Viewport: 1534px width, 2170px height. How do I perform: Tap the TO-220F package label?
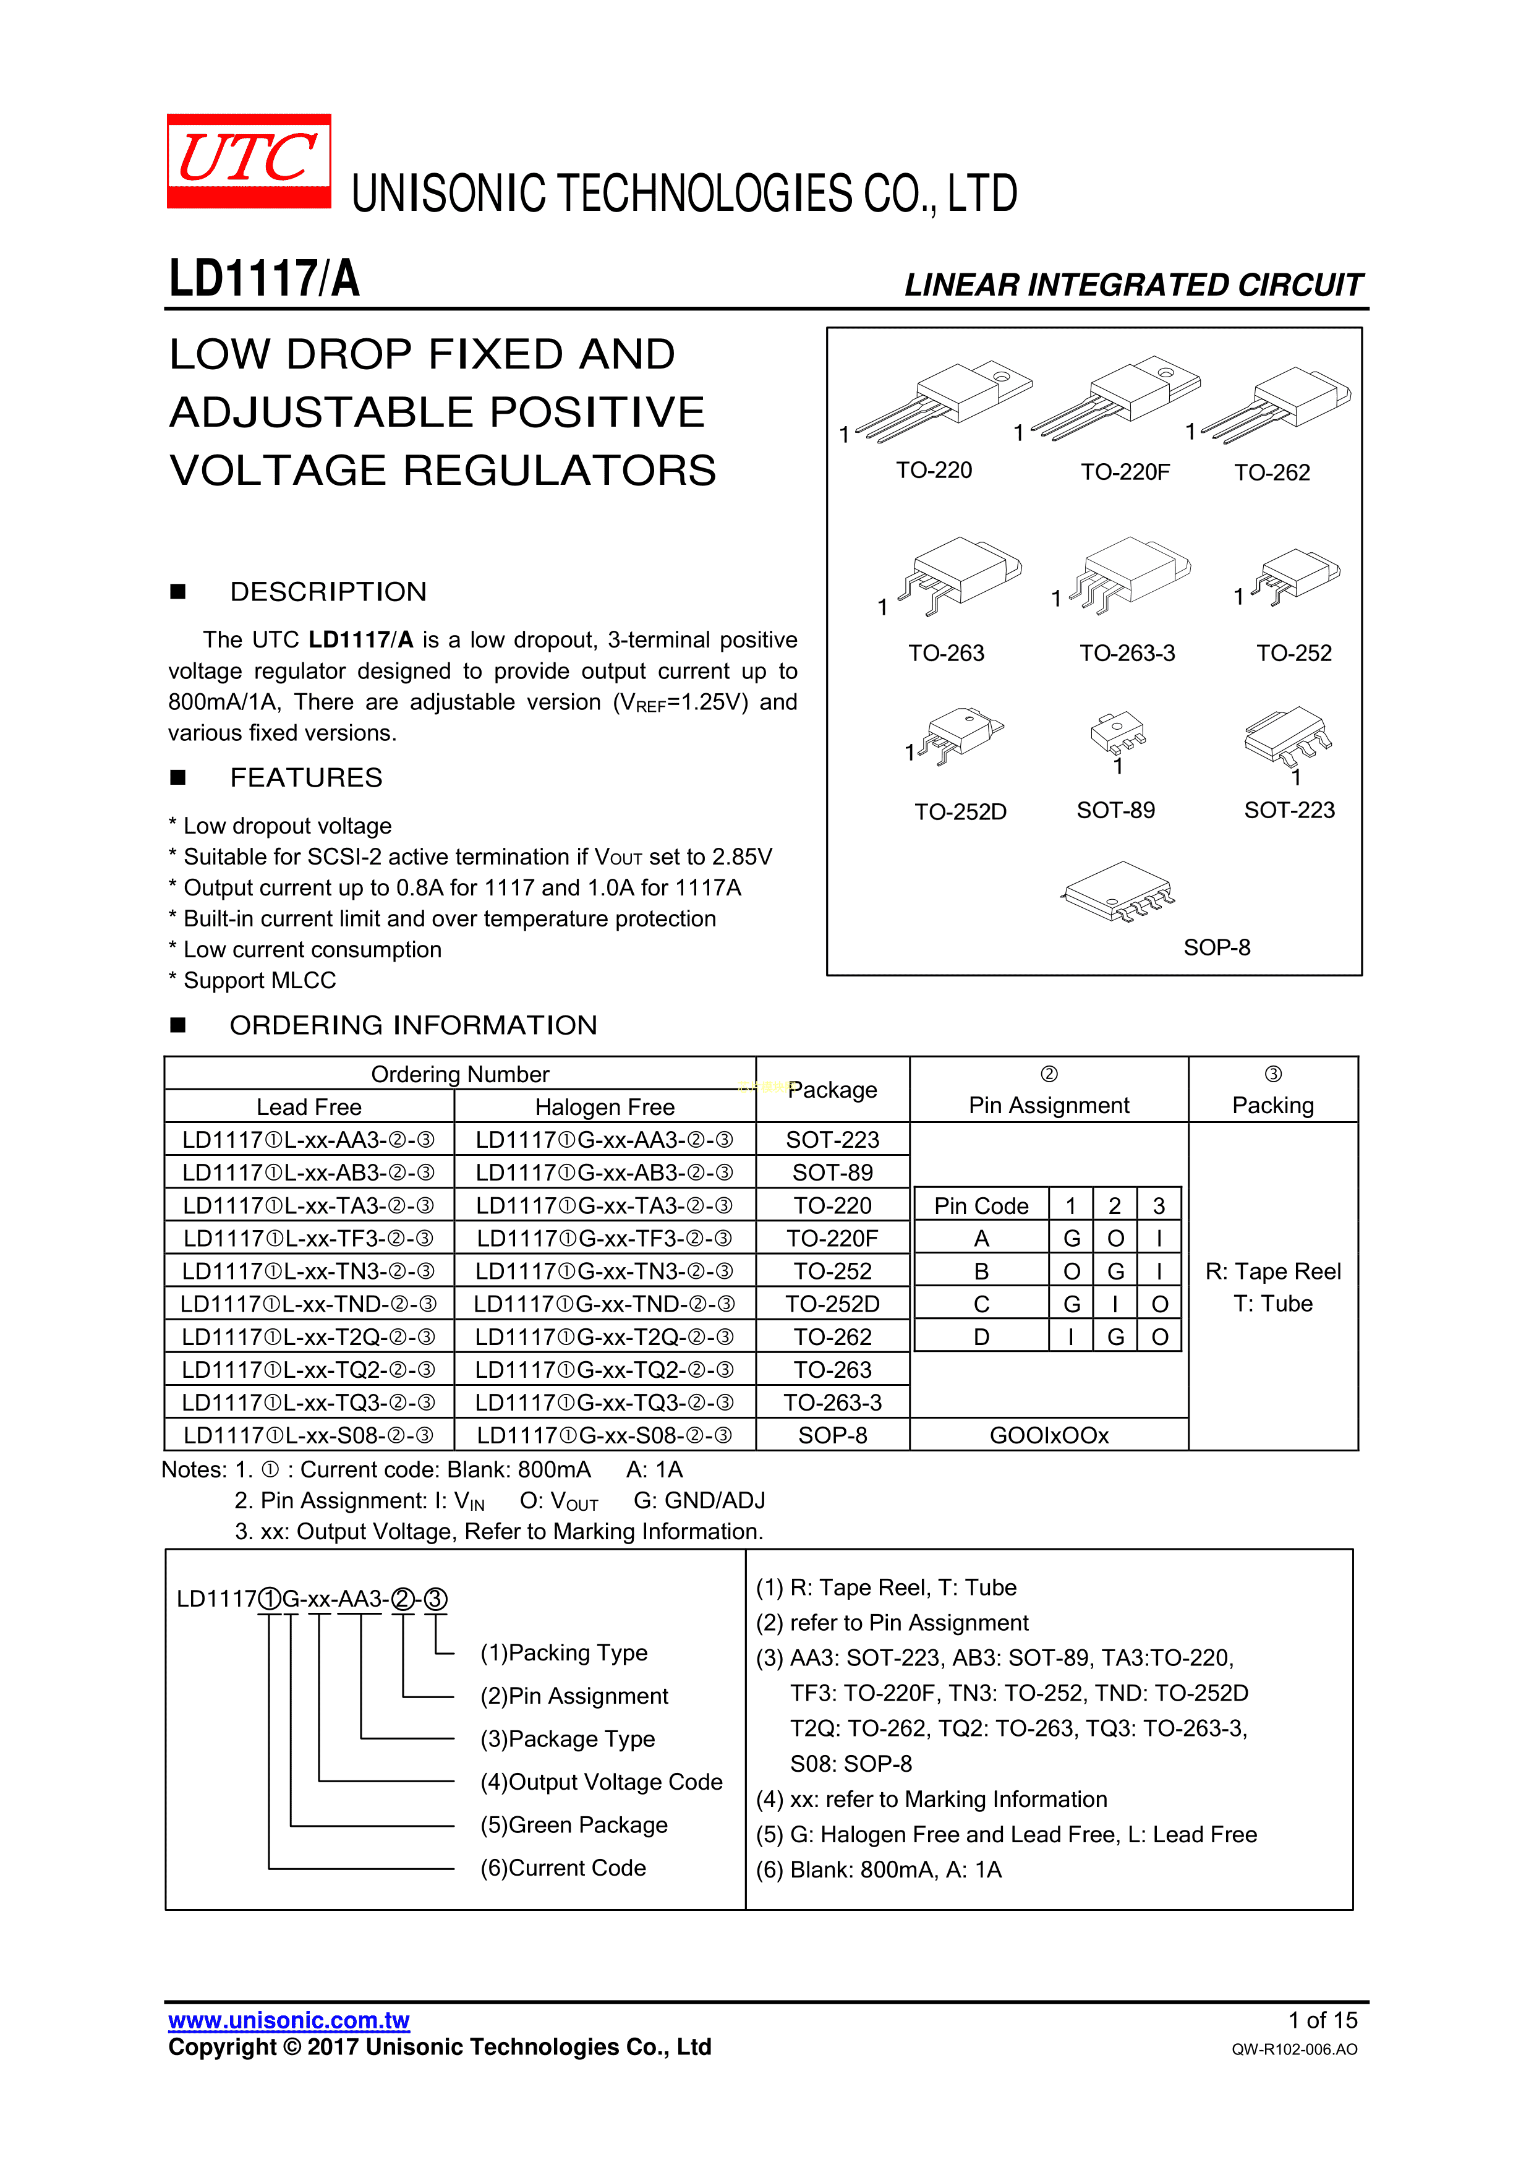coord(1125,472)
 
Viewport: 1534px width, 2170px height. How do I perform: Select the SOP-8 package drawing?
coord(1119,891)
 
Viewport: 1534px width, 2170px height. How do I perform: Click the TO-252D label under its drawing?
coord(960,812)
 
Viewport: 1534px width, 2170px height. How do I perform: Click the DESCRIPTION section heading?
coord(328,592)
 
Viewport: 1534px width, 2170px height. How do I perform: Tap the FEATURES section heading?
coord(306,778)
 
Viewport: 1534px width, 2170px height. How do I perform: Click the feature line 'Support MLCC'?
coord(259,981)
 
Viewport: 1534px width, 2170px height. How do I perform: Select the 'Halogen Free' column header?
coord(605,1107)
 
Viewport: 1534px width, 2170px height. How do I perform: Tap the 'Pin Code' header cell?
coord(981,1206)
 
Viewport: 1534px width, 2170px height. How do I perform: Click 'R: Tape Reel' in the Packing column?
coord(1273,1271)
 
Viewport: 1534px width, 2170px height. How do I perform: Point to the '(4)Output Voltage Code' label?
coord(601,1782)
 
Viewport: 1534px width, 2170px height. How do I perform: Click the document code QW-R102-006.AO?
coord(1294,2049)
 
